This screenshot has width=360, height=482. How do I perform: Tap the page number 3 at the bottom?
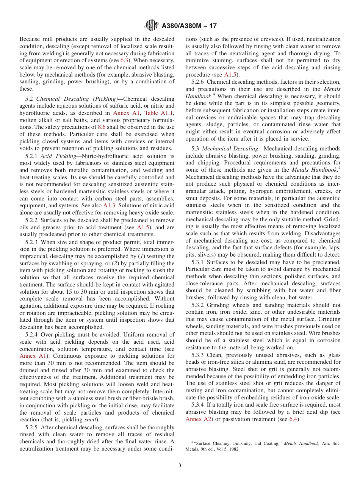pos(180,466)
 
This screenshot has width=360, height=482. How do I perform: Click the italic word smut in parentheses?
pos(93,420)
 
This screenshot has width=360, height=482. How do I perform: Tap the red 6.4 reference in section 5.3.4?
pos(294,419)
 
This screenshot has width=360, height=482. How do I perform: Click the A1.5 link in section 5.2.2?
pos(143,227)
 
